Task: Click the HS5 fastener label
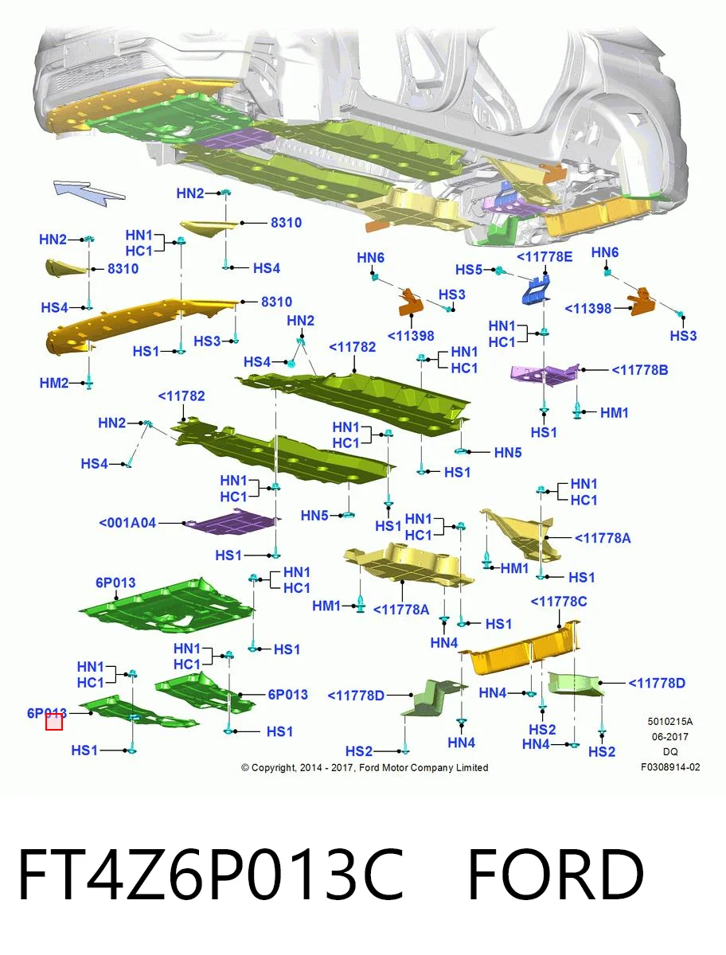click(x=469, y=270)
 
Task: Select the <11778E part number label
click(x=544, y=257)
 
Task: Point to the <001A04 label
click(x=127, y=523)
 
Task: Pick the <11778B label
click(x=639, y=370)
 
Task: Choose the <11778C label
click(x=559, y=602)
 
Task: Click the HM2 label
click(x=54, y=383)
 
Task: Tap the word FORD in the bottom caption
click(x=556, y=875)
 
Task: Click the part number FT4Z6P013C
click(x=211, y=875)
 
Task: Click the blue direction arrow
click(x=88, y=192)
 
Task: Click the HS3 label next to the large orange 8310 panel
click(x=207, y=341)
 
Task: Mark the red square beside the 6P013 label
click(x=54, y=722)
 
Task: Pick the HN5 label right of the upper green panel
click(x=508, y=453)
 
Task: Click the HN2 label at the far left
click(x=53, y=240)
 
